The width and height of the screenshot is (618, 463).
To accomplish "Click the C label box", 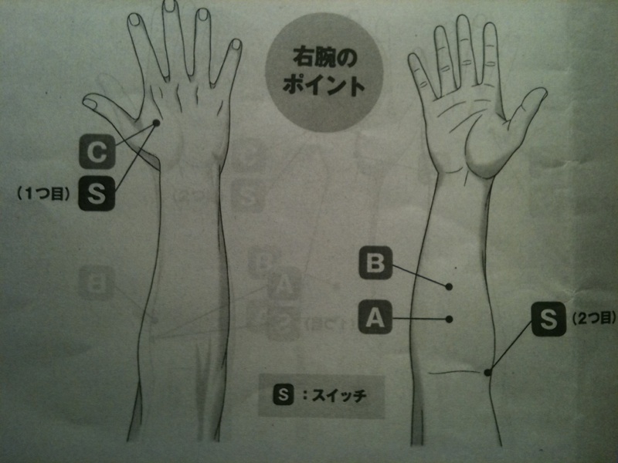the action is pyautogui.click(x=97, y=151).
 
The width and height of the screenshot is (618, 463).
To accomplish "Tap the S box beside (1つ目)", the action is pyautogui.click(x=97, y=193).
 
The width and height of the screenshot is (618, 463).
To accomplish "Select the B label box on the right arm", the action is pyautogui.click(x=375, y=262).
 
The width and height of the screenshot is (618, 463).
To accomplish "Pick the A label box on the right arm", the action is pyautogui.click(x=375, y=317).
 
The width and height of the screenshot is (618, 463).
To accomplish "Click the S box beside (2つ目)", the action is pyautogui.click(x=548, y=319).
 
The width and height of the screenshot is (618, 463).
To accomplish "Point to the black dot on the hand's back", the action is pyautogui.click(x=156, y=123).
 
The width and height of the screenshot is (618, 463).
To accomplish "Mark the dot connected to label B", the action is pyautogui.click(x=449, y=286).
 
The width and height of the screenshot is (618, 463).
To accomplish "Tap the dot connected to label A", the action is pyautogui.click(x=449, y=319).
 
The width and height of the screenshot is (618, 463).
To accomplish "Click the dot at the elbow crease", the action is pyautogui.click(x=487, y=372).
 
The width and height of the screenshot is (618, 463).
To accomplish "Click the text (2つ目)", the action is pyautogui.click(x=593, y=318).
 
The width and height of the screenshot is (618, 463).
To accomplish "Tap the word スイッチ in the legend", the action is pyautogui.click(x=339, y=395).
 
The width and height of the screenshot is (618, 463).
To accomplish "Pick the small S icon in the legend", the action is pyautogui.click(x=284, y=394).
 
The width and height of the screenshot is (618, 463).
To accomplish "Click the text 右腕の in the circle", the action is pyautogui.click(x=325, y=57).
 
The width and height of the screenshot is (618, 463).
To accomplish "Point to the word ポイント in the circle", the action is pyautogui.click(x=323, y=85).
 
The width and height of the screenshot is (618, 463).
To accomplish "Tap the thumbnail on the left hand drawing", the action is pyautogui.click(x=90, y=103).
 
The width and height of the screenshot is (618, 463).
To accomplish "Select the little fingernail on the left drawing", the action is pyautogui.click(x=236, y=44).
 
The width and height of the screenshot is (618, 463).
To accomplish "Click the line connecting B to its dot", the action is pyautogui.click(x=419, y=275).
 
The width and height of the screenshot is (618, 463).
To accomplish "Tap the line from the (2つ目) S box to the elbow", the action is pyautogui.click(x=510, y=345).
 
